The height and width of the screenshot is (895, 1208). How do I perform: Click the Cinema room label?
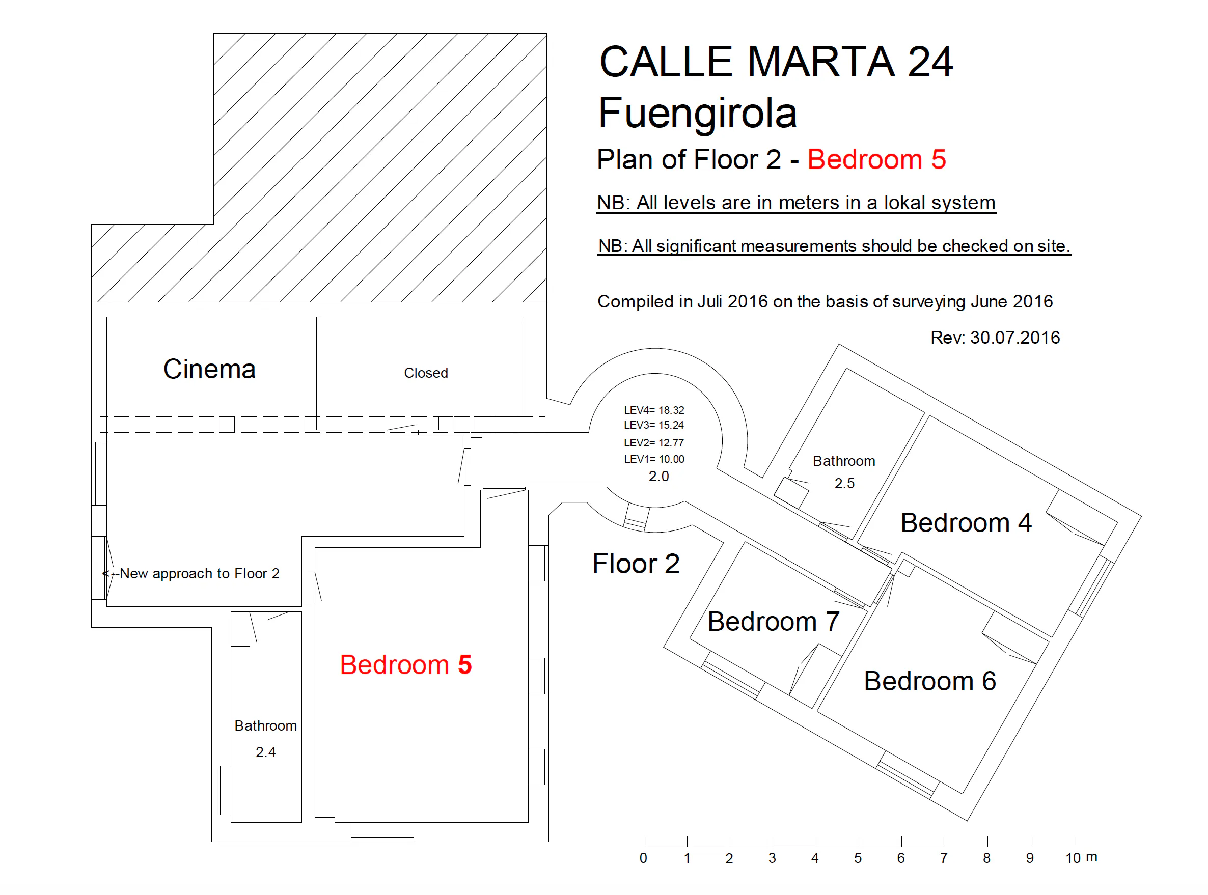pyautogui.click(x=209, y=370)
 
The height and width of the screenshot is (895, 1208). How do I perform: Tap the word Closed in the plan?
pyautogui.click(x=426, y=373)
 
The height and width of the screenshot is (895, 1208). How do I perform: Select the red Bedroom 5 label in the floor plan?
pyautogui.click(x=405, y=665)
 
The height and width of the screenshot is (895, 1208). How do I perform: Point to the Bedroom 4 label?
pyautogui.click(x=966, y=523)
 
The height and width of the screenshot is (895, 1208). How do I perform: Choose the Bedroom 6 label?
pyautogui.click(x=929, y=681)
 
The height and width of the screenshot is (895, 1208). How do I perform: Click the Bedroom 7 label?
pyautogui.click(x=774, y=622)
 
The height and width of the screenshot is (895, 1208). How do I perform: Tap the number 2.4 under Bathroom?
pyautogui.click(x=265, y=752)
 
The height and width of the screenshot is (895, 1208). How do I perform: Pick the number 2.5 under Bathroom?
pyautogui.click(x=844, y=483)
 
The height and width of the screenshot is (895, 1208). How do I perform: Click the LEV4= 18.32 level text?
pyautogui.click(x=654, y=410)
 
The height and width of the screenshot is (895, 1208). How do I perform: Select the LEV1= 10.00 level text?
pyautogui.click(x=654, y=459)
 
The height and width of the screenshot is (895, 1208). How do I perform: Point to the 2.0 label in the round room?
pyautogui.click(x=658, y=476)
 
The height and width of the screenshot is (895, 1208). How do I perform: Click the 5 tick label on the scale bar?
pyautogui.click(x=858, y=859)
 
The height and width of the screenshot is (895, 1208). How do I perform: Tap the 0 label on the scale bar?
pyautogui.click(x=643, y=859)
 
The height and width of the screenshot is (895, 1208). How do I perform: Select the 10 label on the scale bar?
pyautogui.click(x=1073, y=859)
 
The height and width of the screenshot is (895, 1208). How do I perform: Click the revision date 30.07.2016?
pyautogui.click(x=1014, y=338)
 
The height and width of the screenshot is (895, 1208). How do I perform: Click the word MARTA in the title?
pyautogui.click(x=821, y=62)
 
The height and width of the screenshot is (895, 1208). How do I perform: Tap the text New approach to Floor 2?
pyautogui.click(x=200, y=574)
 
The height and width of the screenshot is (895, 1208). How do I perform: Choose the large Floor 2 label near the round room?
pyautogui.click(x=636, y=564)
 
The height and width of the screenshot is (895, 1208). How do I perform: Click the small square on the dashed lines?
pyautogui.click(x=227, y=425)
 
